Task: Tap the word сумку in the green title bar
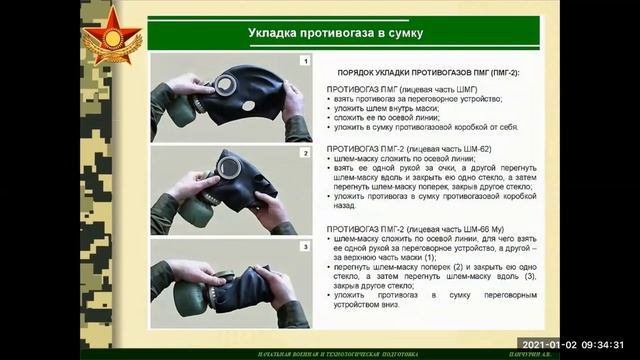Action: point(401,34)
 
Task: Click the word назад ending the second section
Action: point(347,209)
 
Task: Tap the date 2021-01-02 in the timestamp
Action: point(548,342)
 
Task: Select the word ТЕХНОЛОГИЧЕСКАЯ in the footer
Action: point(297,354)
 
